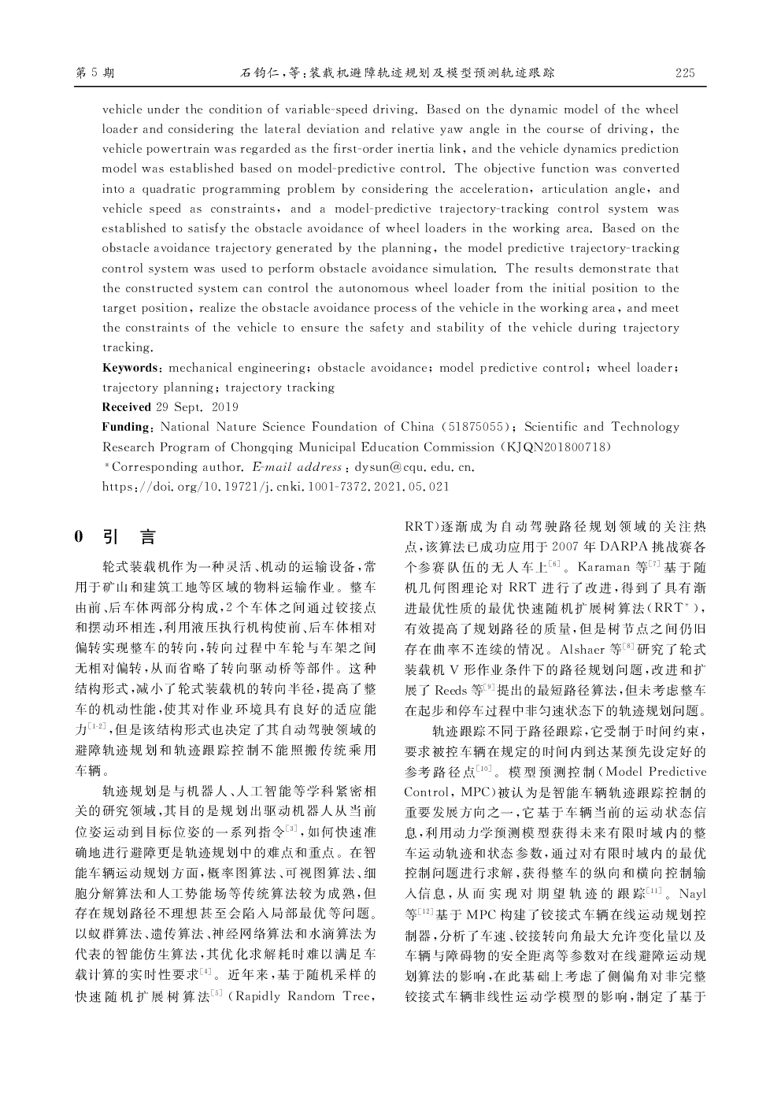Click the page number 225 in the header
coord(685,73)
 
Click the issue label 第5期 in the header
coord(95,73)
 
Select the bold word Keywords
coord(130,368)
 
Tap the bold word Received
coord(127,407)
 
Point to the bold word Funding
coord(127,427)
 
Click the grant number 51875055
coord(476,427)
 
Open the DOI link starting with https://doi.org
coord(276,486)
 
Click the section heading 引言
coord(130,537)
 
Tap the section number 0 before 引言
coord(79,537)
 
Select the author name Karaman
coord(604,567)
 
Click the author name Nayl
coord(692,894)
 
